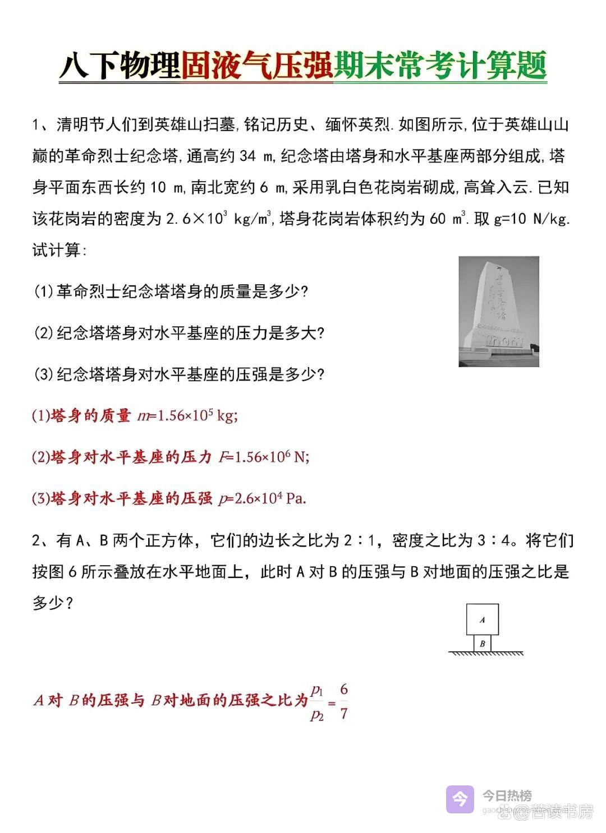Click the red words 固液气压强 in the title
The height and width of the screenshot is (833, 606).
pyautogui.click(x=257, y=66)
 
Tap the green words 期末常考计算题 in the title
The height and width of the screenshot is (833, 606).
pyautogui.click(x=440, y=66)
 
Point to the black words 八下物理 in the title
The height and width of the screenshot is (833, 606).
pyautogui.click(x=120, y=66)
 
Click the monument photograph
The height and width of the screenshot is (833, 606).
pyautogui.click(x=499, y=312)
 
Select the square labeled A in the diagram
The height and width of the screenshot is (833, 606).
pyautogui.click(x=483, y=619)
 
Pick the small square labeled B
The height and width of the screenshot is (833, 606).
pyautogui.click(x=483, y=644)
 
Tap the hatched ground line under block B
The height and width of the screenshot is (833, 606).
pyautogui.click(x=486, y=654)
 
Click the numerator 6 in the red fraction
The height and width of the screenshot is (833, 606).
pyautogui.click(x=344, y=689)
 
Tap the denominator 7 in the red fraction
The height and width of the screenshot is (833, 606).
pyautogui.click(x=344, y=714)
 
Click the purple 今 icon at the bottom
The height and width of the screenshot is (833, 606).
pyautogui.click(x=460, y=799)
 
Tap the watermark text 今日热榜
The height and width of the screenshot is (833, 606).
pyautogui.click(x=507, y=795)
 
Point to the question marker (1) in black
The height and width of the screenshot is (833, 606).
pyautogui.click(x=43, y=291)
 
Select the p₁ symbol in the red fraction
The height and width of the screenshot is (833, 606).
pyautogui.click(x=317, y=689)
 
